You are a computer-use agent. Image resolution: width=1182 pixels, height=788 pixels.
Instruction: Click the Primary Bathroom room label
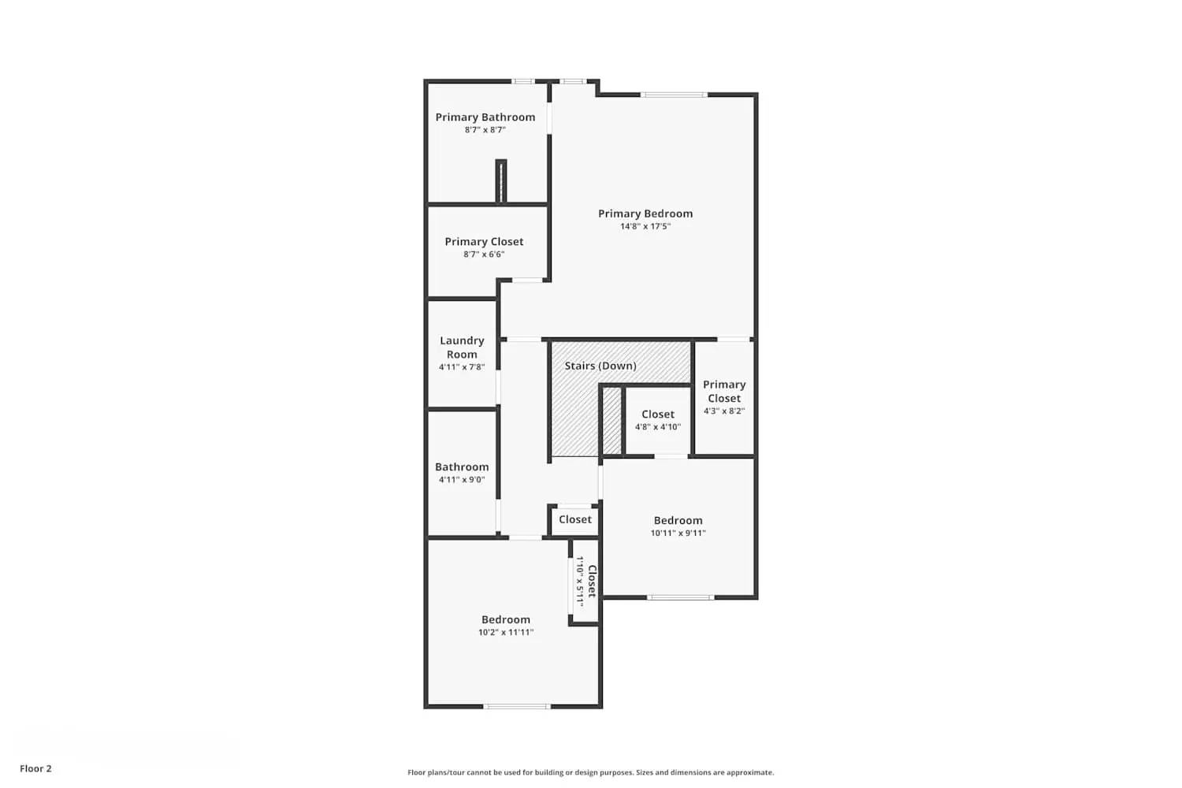pos(485,117)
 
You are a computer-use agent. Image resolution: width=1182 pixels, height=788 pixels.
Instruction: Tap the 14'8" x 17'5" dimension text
pos(645,226)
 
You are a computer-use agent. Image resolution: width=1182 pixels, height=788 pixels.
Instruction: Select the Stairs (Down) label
pos(600,366)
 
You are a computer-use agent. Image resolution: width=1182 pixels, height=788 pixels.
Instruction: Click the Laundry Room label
pos(462,348)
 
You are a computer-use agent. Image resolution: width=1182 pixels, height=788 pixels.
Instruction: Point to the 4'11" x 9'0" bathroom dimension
pos(462,480)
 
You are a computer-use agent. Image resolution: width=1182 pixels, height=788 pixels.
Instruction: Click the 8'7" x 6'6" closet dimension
pos(484,255)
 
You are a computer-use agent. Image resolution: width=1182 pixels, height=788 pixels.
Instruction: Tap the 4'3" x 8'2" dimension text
pos(723,411)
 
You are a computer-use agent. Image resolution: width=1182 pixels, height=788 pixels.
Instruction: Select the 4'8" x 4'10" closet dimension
pos(658,427)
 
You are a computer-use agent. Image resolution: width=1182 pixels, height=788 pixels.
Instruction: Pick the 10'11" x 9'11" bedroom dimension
pos(678,533)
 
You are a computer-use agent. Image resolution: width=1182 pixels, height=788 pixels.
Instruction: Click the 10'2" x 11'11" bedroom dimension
pos(506,632)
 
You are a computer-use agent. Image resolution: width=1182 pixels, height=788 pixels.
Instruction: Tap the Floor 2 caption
pos(35,768)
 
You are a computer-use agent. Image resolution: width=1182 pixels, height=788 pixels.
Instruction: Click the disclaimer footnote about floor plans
pos(590,772)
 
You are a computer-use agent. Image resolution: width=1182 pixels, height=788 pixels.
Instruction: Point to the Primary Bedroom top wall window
pos(674,95)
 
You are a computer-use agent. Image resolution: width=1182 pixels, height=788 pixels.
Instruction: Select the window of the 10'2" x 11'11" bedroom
pos(517,706)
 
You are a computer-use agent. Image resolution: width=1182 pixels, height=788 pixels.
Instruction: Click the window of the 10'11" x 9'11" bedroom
pos(681,597)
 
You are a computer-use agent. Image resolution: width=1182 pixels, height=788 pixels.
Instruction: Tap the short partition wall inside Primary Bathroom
pos(500,181)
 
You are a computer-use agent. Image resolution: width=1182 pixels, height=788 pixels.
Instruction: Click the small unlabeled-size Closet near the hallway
pos(574,519)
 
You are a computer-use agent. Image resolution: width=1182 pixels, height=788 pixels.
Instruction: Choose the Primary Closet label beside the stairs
pos(723,391)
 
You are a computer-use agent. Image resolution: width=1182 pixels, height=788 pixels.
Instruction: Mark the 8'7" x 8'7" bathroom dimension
pos(485,130)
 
